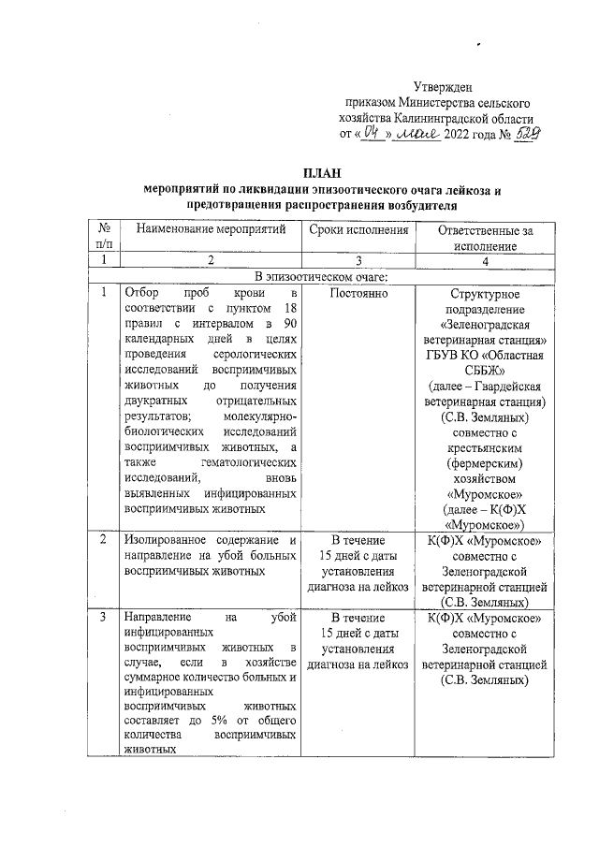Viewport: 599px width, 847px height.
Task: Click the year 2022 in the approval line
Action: pos(459,134)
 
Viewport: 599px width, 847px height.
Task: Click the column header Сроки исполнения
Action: pos(358,229)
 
